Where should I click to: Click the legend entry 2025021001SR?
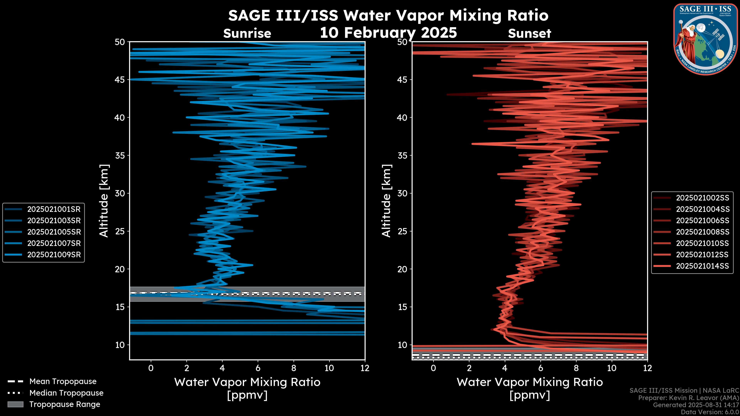click(x=54, y=209)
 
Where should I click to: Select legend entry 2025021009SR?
click(x=54, y=255)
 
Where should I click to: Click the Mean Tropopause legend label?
click(x=63, y=382)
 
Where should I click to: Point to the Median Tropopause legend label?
click(x=66, y=393)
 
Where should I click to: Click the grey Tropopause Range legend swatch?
click(x=15, y=404)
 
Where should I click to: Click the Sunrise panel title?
click(x=247, y=34)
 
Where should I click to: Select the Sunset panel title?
click(x=529, y=34)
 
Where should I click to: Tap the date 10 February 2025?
click(x=388, y=32)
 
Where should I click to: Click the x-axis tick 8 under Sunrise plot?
click(x=293, y=368)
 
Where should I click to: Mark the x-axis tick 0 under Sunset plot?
click(x=433, y=368)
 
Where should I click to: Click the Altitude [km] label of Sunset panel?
click(x=386, y=201)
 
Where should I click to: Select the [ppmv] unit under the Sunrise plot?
click(x=247, y=395)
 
